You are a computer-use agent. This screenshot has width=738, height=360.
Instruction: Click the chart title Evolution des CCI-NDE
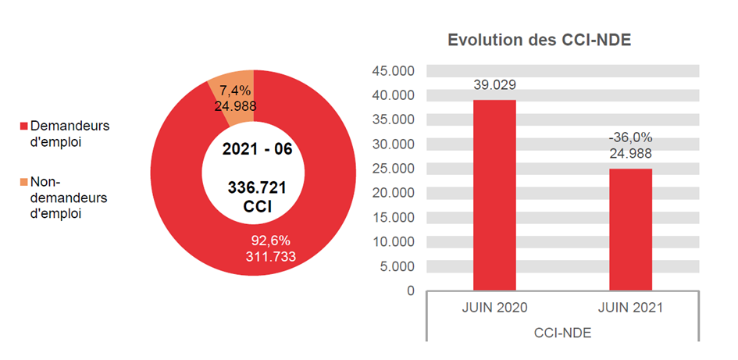tap(539, 41)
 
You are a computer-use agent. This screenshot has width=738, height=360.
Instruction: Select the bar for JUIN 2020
tap(494, 195)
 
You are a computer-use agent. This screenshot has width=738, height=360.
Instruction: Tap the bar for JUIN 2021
tap(630, 230)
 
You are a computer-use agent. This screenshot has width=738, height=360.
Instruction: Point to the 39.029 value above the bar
tap(494, 85)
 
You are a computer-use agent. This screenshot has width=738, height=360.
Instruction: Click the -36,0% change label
tap(630, 137)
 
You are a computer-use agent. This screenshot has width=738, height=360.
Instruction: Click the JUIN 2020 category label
tap(494, 308)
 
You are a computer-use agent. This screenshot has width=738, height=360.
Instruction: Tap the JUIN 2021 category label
tap(630, 308)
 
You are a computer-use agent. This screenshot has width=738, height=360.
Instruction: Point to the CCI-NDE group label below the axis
tap(562, 333)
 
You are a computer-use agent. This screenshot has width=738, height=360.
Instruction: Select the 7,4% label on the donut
tap(234, 91)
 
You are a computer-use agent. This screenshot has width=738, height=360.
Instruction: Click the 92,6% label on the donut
tap(270, 241)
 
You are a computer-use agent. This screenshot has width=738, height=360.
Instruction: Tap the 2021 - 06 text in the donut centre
tap(257, 149)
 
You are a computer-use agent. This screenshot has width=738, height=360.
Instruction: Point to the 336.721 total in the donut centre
tap(257, 187)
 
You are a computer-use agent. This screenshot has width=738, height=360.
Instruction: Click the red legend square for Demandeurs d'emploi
tap(23, 127)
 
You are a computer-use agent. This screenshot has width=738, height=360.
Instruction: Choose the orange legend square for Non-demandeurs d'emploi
tap(23, 183)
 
